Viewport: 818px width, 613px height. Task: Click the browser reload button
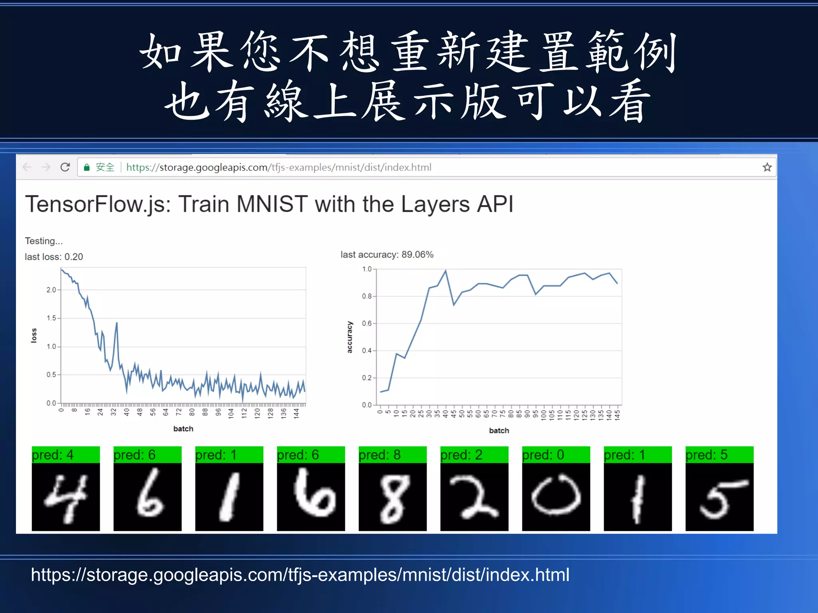click(x=65, y=167)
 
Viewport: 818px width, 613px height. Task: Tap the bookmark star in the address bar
click(x=767, y=167)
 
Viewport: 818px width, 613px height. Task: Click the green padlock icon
click(x=87, y=167)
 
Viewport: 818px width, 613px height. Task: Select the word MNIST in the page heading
click(x=272, y=204)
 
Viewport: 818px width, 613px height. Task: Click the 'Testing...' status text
click(x=44, y=241)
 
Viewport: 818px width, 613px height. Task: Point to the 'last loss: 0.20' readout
click(x=54, y=257)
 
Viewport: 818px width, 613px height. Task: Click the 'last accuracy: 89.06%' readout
click(x=387, y=255)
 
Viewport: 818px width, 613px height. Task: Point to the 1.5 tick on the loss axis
click(x=52, y=318)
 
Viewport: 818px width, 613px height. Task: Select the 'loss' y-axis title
click(x=34, y=335)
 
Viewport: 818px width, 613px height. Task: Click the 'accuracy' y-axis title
click(x=349, y=337)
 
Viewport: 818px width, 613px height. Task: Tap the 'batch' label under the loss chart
click(x=183, y=429)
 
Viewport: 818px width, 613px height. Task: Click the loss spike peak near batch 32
click(x=117, y=322)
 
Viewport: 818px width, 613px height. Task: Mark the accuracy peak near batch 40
click(x=445, y=271)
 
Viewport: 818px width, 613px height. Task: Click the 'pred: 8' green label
click(x=392, y=455)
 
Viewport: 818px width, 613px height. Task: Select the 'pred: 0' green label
click(x=556, y=455)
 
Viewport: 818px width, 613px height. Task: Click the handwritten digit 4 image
click(x=66, y=497)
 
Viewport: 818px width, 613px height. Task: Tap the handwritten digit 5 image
click(x=719, y=497)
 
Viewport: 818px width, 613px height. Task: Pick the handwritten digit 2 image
click(x=474, y=497)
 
